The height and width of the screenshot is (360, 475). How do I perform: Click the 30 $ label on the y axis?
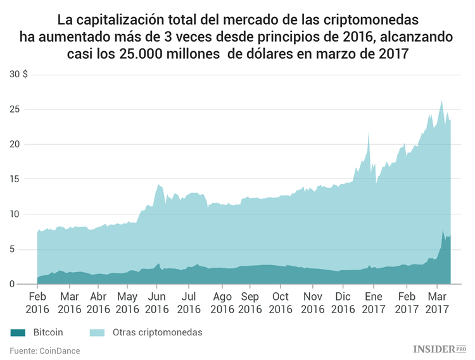point(18,74)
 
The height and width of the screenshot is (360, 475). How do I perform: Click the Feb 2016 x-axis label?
point(37,302)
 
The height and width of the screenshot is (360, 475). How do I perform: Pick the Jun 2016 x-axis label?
point(157,302)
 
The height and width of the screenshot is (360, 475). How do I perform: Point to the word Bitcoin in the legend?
point(48,332)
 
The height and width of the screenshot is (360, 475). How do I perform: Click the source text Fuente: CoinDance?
point(44,350)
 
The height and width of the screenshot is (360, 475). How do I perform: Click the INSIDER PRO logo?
point(439,349)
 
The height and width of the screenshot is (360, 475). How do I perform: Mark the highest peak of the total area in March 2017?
point(441,101)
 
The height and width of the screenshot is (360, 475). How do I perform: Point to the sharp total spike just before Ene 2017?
point(368,133)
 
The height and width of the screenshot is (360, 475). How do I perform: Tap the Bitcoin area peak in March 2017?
point(443,231)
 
